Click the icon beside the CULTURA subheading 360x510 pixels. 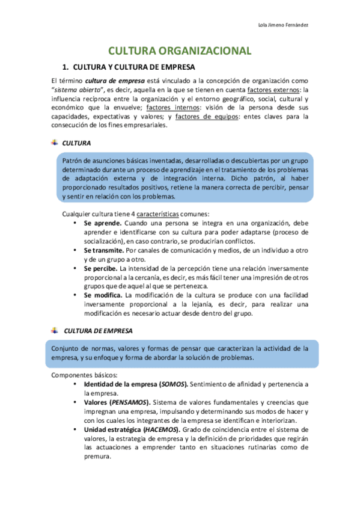click(55, 142)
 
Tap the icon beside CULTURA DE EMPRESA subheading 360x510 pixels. click(55, 330)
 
